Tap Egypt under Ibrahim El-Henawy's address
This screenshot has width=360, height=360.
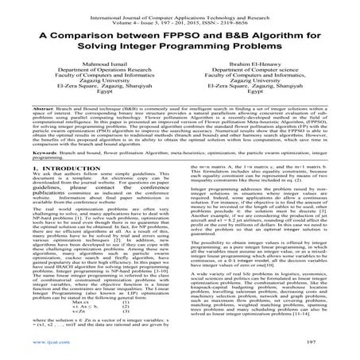pos(265,113)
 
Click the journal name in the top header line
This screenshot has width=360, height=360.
pos(180,6)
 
